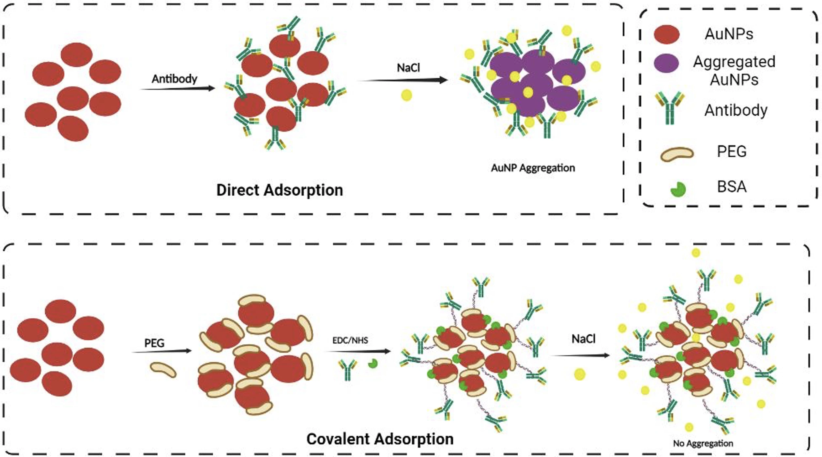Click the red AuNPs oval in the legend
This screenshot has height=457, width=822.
coord(666,34)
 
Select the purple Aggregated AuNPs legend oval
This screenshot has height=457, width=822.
coord(666,63)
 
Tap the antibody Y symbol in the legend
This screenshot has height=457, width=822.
coord(669,108)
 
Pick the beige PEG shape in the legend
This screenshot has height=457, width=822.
coord(677,154)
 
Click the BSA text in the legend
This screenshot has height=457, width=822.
coord(732,187)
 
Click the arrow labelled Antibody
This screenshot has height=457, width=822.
coord(177,88)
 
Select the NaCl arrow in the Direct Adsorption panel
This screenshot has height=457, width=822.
coord(403,80)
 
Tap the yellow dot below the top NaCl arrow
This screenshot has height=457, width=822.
coord(406,95)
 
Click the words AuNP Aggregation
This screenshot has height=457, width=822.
coord(533,168)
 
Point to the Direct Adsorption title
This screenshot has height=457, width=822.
coord(280,190)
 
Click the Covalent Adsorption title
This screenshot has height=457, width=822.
coord(380,439)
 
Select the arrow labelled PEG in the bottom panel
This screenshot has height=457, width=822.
coord(161,351)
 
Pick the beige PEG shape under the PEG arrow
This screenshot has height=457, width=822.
coord(163,370)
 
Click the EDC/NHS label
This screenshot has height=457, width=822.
coord(350,340)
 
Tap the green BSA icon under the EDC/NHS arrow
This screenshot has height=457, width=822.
coord(373,363)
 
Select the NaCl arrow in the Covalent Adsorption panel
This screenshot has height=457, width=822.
coord(580,355)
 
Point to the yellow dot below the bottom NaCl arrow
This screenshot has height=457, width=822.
coord(580,374)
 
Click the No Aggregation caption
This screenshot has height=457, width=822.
coord(703,443)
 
